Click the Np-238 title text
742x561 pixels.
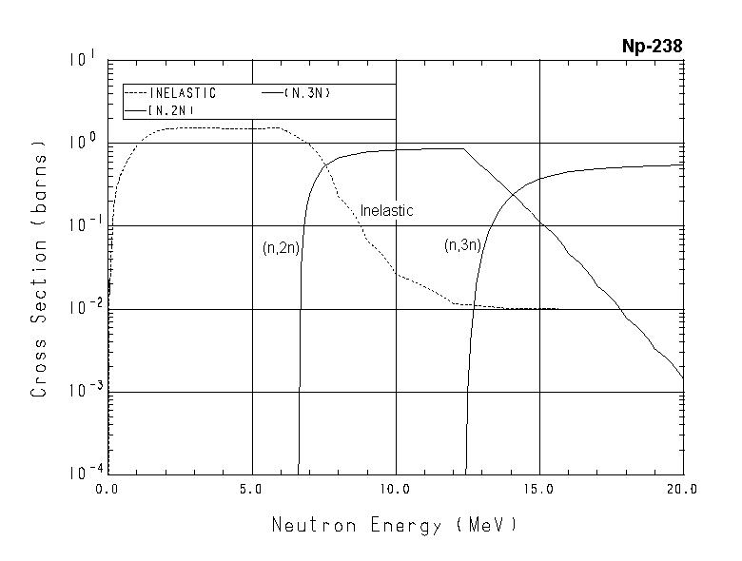pos(651,46)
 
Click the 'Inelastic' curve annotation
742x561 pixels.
pos(386,210)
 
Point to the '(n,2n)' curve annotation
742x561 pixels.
pos(280,247)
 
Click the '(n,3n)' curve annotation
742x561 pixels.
pos(463,245)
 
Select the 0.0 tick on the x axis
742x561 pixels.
pos(107,489)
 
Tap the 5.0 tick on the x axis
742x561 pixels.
pos(252,489)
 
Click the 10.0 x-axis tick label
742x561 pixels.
pos(395,489)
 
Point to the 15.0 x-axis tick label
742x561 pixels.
pos(538,489)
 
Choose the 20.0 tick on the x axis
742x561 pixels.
pos(682,489)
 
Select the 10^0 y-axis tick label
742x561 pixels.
pos(81,143)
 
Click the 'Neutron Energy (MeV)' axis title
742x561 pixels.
pos(395,525)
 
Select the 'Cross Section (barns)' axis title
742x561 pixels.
pos(39,269)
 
